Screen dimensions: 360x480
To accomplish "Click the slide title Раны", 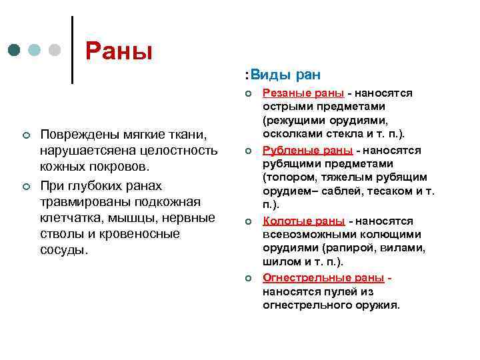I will [119, 51].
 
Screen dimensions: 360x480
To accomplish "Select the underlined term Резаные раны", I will [303, 93].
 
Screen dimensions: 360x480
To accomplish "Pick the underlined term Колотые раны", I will [303, 221].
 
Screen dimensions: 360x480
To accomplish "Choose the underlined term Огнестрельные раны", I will [323, 277].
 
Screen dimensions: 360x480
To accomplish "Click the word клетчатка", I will [69, 217].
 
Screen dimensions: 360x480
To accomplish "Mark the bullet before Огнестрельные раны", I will [247, 278].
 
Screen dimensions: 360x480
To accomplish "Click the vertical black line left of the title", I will [71, 49].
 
